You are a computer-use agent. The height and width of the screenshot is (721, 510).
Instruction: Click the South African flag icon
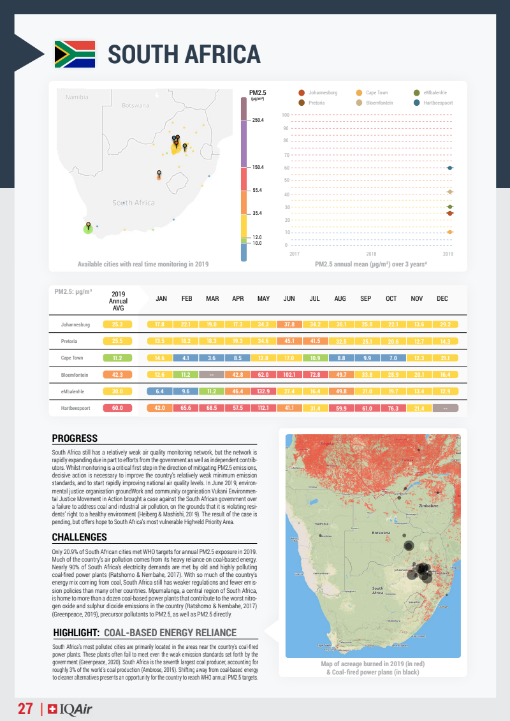[75, 54]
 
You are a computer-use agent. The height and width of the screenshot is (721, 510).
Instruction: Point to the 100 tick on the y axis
[286, 115]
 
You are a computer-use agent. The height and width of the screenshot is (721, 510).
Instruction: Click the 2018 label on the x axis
[371, 254]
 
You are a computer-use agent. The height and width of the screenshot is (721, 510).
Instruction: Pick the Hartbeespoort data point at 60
[450, 168]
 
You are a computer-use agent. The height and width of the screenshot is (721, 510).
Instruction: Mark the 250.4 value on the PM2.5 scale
[258, 120]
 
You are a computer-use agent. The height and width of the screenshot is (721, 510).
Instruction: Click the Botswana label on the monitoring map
[135, 105]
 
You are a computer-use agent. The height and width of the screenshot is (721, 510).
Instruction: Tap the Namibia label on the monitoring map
[77, 97]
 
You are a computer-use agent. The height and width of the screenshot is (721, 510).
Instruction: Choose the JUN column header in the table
[289, 299]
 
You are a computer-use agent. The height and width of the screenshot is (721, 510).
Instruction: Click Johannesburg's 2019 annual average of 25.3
[117, 324]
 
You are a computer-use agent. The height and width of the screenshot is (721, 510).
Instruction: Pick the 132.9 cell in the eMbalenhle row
[263, 391]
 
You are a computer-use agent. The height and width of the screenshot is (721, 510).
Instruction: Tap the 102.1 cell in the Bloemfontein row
[289, 374]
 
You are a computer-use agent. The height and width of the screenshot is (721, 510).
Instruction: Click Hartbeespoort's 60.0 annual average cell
[117, 407]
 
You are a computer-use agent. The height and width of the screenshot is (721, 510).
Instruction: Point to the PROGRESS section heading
[75, 439]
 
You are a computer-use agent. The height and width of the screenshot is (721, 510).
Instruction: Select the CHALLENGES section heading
[79, 537]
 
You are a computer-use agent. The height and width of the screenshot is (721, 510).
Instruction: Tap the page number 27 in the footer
[25, 709]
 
